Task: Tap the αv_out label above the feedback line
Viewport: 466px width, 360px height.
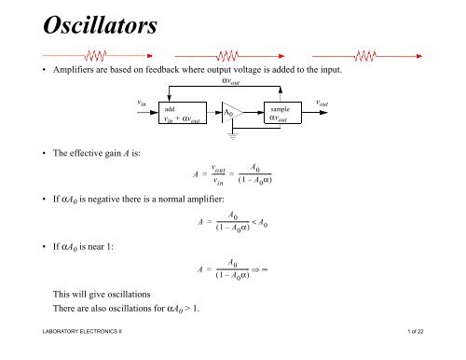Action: click(234, 81)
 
